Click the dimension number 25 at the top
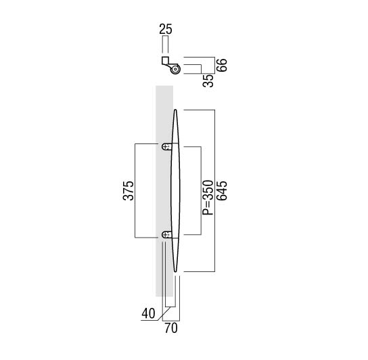(x=166, y=29)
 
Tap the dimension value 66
(x=222, y=65)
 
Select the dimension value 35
(x=208, y=81)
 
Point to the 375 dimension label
(x=128, y=190)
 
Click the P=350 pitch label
(x=208, y=198)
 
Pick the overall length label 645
(x=222, y=191)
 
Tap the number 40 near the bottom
(x=148, y=313)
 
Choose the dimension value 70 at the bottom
(x=171, y=328)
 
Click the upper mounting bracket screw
(x=166, y=147)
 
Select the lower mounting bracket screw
(x=166, y=234)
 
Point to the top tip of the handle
(x=175, y=110)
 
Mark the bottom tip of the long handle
(x=175, y=272)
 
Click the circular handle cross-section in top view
(x=175, y=70)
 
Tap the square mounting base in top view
(x=165, y=61)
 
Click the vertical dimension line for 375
(x=135, y=191)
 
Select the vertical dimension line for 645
(x=214, y=191)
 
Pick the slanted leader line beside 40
(x=163, y=313)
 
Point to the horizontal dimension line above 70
(x=171, y=321)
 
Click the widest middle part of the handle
(x=175, y=191)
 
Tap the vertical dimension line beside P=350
(x=201, y=191)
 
